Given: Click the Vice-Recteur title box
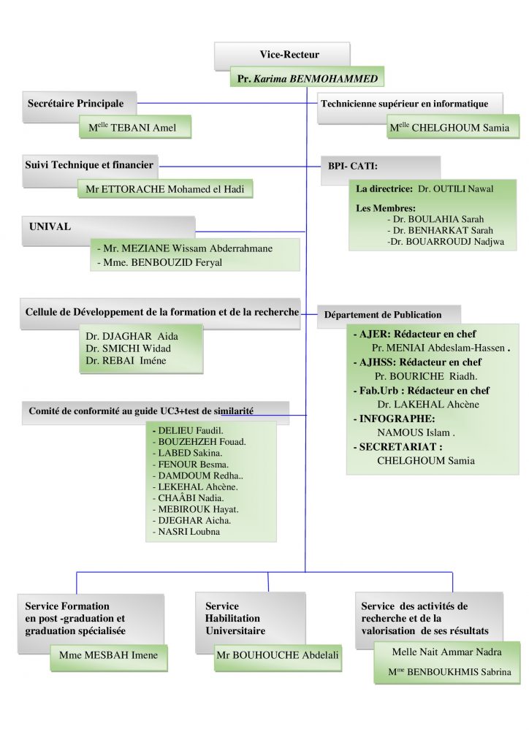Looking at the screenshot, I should pyautogui.click(x=289, y=55).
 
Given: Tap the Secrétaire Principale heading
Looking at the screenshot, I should pyautogui.click(x=76, y=104).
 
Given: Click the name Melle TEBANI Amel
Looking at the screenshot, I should pyautogui.click(x=137, y=127).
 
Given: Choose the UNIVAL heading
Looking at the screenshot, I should pyautogui.click(x=50, y=226).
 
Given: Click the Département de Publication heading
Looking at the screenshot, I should pyautogui.click(x=383, y=315).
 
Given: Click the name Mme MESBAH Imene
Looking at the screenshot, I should pyautogui.click(x=109, y=656).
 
